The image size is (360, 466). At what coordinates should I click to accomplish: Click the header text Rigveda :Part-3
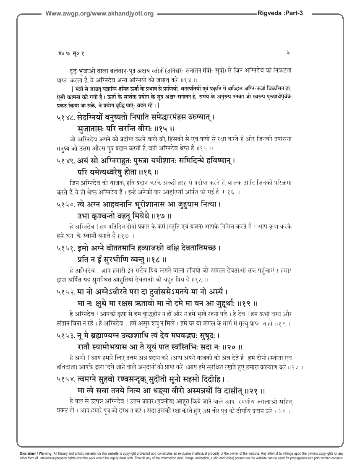click(285, 13)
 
